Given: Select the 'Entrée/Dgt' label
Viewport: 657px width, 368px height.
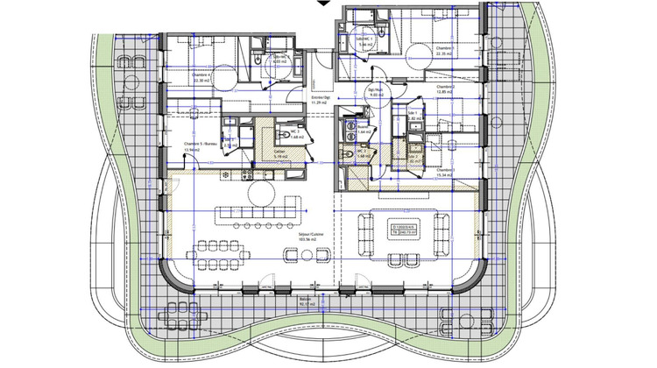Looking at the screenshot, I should [320, 98].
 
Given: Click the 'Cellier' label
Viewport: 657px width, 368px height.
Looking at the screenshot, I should [279, 151].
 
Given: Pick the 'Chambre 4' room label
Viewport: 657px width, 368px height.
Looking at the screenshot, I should [201, 75].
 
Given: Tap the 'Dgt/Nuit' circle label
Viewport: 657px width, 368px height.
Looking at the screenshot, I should [375, 90].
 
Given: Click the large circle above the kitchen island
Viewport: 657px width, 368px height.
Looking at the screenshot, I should [260, 191].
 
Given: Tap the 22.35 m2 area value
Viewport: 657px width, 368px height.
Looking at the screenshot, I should [443, 54].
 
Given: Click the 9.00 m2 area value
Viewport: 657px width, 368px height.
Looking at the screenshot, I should [375, 96].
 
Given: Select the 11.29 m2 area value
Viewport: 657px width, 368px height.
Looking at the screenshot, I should [320, 104].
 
